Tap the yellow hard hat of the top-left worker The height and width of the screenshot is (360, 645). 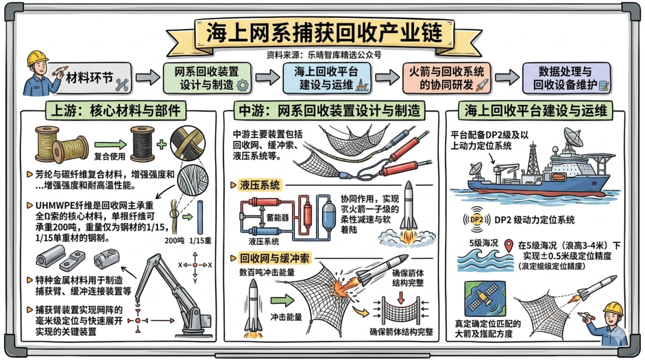coord(37,58)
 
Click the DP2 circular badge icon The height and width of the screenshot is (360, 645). coord(477,220)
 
